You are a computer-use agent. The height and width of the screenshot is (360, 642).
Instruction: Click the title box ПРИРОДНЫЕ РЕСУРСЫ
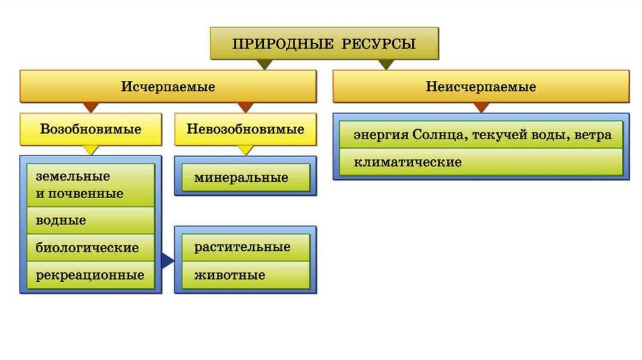pyautogui.click(x=324, y=44)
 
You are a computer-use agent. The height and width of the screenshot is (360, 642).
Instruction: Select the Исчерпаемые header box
pyautogui.click(x=168, y=87)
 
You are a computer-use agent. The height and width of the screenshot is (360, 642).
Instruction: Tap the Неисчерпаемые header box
pyautogui.click(x=481, y=87)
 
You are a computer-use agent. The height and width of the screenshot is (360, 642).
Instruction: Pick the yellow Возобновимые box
pyautogui.click(x=91, y=129)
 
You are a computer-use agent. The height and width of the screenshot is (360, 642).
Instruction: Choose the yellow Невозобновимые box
pyautogui.click(x=245, y=129)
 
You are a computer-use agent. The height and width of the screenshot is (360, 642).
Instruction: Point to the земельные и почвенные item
pyautogui.click(x=90, y=185)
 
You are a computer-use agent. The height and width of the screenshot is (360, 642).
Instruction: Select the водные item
pyautogui.click(x=90, y=221)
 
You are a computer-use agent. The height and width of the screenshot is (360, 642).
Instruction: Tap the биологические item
pyautogui.click(x=90, y=248)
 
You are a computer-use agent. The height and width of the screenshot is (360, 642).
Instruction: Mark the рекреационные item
pyautogui.click(x=90, y=275)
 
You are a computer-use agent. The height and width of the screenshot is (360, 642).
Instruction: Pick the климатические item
pyautogui.click(x=481, y=162)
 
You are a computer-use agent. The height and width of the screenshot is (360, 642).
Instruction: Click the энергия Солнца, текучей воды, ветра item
pyautogui.click(x=481, y=135)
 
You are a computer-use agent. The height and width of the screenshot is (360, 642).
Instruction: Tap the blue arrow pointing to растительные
pyautogui.click(x=167, y=261)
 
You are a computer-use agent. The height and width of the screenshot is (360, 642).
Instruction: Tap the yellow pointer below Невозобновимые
pyautogui.click(x=245, y=151)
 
